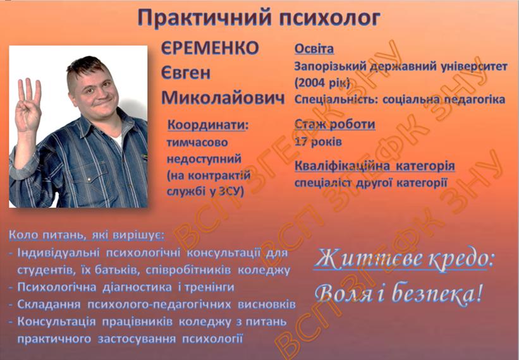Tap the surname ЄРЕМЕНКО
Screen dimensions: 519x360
(x=210, y=48)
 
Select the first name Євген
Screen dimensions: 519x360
(x=186, y=73)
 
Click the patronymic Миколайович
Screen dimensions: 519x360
(x=223, y=98)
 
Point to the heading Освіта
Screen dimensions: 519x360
(x=314, y=49)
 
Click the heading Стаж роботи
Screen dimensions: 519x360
(x=335, y=124)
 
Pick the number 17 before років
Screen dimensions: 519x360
(x=300, y=142)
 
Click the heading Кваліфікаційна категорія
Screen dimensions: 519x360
(x=375, y=165)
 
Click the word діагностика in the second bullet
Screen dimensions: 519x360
(x=137, y=287)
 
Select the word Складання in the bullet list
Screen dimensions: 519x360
(x=49, y=304)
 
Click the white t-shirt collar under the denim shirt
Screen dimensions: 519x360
(x=117, y=139)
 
